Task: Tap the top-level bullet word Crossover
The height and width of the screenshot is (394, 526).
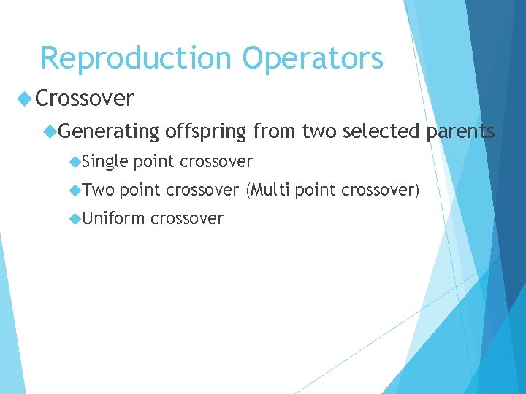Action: (x=84, y=98)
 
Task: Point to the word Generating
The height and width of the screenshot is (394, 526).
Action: (x=109, y=131)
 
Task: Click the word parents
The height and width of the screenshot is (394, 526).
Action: (x=461, y=131)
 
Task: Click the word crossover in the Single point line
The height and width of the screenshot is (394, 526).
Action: (x=216, y=161)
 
